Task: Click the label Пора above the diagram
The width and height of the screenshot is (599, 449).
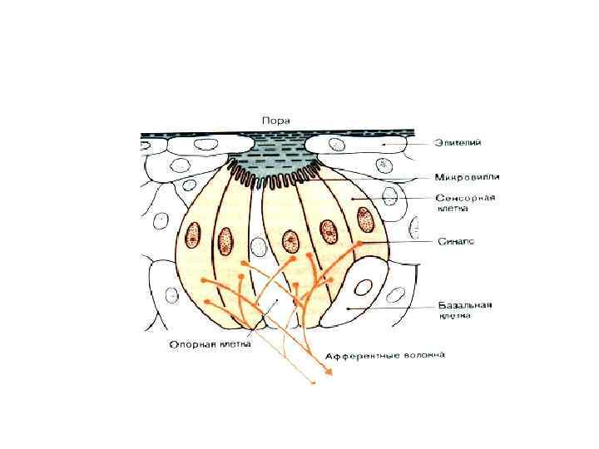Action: coord(275,121)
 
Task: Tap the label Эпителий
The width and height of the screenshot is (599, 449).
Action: coord(458,143)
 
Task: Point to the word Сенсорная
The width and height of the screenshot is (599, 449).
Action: coord(466,198)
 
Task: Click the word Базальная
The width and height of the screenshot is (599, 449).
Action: coord(466,304)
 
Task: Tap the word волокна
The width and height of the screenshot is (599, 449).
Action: coord(424,354)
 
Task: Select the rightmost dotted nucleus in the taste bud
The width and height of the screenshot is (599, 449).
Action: coord(364,220)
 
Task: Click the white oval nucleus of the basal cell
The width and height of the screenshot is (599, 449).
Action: coord(363,288)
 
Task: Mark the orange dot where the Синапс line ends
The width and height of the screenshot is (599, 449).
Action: coord(359,243)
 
